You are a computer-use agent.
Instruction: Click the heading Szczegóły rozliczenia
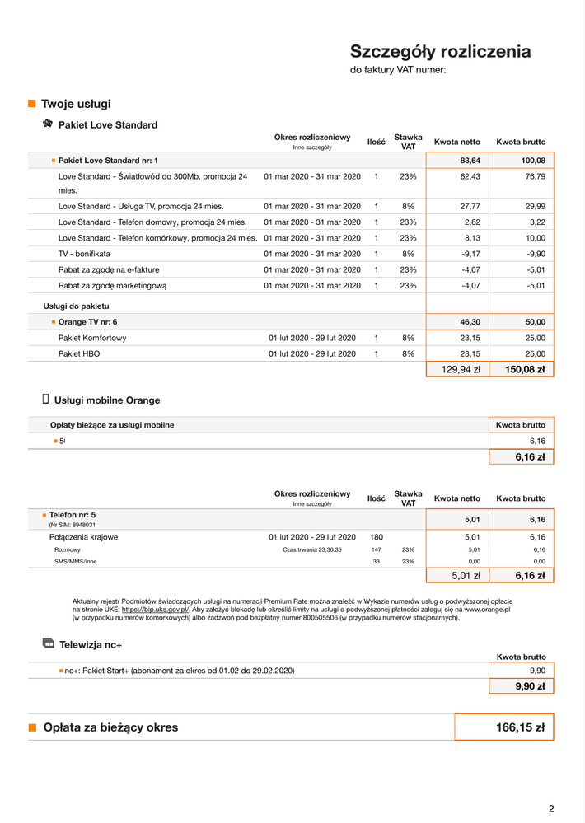440,52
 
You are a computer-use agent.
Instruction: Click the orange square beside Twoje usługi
32,104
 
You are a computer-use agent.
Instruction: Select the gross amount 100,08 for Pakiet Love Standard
528,160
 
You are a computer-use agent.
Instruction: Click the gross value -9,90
536,254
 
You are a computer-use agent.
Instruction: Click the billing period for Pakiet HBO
312,353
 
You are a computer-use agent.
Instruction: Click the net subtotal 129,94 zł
461,370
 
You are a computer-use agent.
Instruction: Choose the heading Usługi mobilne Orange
107,400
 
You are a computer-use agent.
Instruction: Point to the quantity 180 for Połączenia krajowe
377,536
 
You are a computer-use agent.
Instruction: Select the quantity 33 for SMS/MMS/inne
377,561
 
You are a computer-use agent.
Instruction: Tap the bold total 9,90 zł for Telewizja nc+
531,685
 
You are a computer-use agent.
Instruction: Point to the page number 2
551,808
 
